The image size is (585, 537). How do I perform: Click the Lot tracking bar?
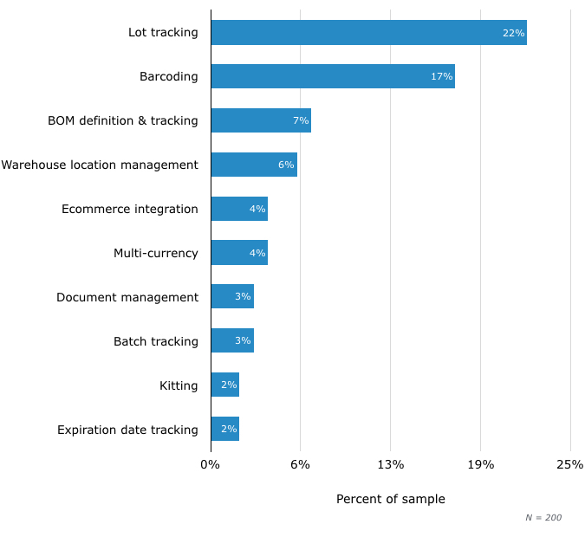(368, 33)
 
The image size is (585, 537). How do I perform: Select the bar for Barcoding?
(333, 76)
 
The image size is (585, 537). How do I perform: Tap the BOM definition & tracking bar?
(260, 120)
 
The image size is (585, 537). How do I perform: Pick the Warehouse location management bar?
(253, 165)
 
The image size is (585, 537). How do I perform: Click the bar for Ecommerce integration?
(238, 209)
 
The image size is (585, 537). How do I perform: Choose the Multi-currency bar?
(238, 253)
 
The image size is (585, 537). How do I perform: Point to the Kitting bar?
(224, 385)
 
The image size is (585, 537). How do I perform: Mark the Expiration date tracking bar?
(224, 429)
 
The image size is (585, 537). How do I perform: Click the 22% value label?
(513, 33)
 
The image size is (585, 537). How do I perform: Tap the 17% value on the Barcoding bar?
(441, 76)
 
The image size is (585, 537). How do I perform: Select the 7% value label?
(301, 120)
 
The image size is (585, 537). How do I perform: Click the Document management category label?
(127, 297)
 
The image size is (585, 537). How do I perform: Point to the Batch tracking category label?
(156, 341)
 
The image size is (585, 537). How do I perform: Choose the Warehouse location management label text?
(100, 165)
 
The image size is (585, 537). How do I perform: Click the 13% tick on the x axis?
(391, 464)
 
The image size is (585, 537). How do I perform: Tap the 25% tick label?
(570, 464)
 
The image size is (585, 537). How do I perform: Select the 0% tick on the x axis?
(211, 464)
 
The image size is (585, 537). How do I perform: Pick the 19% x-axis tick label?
(481, 464)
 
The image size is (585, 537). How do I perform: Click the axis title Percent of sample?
(391, 499)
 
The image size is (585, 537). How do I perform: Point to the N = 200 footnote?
(543, 517)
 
